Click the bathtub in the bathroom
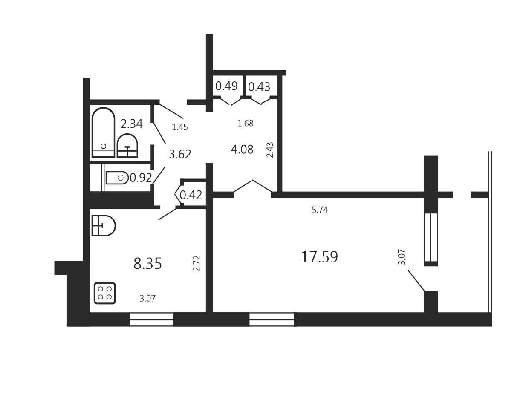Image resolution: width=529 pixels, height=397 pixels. (x=103, y=132)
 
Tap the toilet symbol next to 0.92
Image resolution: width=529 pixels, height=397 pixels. (x=117, y=178)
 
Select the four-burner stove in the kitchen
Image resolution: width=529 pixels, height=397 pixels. (x=105, y=293)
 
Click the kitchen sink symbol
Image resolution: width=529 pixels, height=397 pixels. (x=104, y=226)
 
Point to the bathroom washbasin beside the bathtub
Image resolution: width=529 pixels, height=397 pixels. (x=127, y=146)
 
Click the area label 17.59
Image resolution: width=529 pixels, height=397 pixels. (x=319, y=256)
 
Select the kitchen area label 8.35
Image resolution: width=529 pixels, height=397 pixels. (x=147, y=263)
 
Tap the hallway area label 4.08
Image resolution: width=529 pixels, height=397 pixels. (x=242, y=149)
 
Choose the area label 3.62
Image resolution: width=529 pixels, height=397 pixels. (x=180, y=154)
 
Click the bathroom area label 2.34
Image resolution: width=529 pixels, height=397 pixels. (x=132, y=124)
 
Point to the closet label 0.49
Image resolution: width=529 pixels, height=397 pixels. (x=226, y=86)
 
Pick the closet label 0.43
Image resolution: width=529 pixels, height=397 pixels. (x=259, y=87)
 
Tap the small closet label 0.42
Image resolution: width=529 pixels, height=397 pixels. (x=191, y=195)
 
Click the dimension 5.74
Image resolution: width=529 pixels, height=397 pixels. (x=320, y=210)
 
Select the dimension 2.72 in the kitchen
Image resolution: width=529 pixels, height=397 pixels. (x=197, y=263)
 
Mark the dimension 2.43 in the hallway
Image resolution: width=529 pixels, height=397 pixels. (x=270, y=150)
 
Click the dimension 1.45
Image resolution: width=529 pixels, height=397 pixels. (x=180, y=127)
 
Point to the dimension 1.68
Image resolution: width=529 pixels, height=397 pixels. (x=246, y=123)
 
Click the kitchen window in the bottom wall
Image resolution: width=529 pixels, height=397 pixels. (x=151, y=319)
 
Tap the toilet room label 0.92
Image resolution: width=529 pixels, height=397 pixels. (x=141, y=178)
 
